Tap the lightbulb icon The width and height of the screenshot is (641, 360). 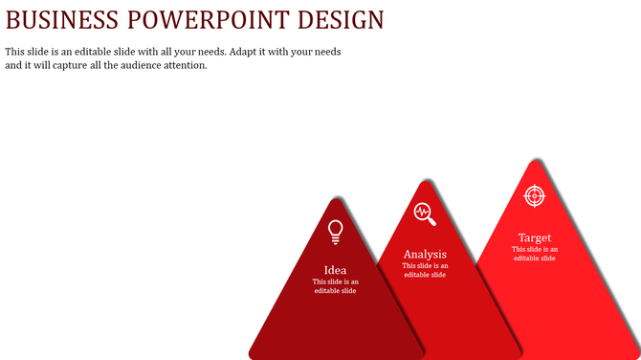335,231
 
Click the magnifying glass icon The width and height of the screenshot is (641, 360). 425,214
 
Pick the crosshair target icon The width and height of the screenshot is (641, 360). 535,195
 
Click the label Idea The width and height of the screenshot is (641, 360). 335,270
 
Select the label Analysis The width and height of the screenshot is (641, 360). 425,254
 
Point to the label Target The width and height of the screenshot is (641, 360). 535,237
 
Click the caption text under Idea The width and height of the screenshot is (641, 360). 335,286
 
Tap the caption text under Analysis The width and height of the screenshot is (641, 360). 425,270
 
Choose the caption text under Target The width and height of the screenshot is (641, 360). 535,254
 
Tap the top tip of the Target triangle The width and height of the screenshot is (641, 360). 535,161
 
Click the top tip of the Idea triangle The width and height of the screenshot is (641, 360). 335,199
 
